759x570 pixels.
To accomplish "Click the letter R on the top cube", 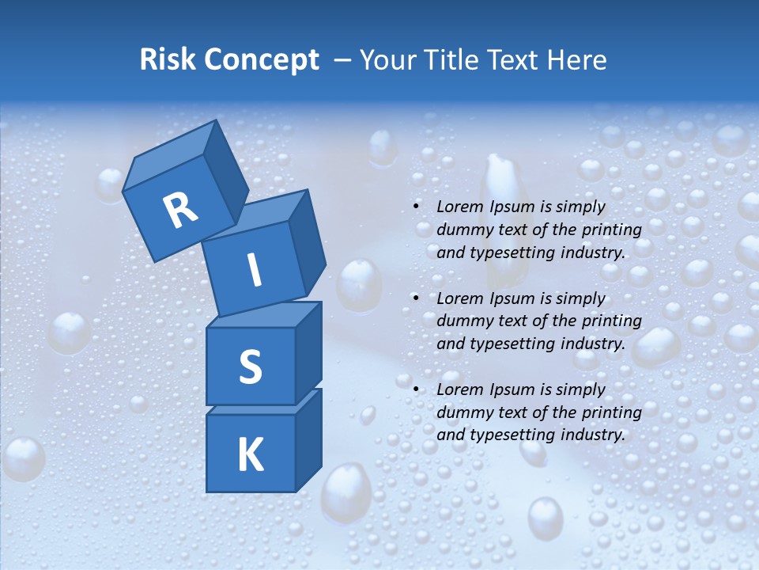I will [180, 211].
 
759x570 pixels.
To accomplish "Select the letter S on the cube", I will [250, 367].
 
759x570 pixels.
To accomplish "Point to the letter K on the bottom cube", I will [250, 454].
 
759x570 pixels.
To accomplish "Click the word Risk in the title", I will [168, 60].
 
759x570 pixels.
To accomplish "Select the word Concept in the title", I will [261, 60].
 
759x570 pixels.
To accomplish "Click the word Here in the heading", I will [577, 60].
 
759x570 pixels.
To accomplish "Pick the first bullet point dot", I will [416, 207].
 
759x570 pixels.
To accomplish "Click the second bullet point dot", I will [416, 298].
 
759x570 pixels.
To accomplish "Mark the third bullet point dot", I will [416, 389].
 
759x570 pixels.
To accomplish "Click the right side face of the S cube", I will [308, 351].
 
